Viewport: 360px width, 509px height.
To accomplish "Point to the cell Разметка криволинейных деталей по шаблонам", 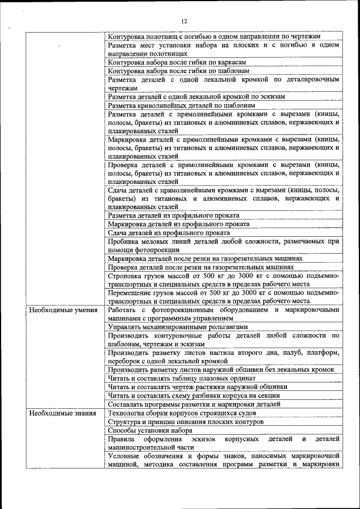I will [x=182, y=105].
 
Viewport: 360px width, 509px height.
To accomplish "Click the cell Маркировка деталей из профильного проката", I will [x=179, y=224].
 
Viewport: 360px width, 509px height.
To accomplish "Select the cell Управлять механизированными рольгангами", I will [x=177, y=327].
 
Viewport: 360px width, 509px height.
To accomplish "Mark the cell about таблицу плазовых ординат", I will [x=182, y=378].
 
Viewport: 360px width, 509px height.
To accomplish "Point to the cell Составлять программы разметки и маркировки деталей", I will [x=193, y=404].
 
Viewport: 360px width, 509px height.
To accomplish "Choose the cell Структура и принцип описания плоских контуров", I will [x=185, y=421].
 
